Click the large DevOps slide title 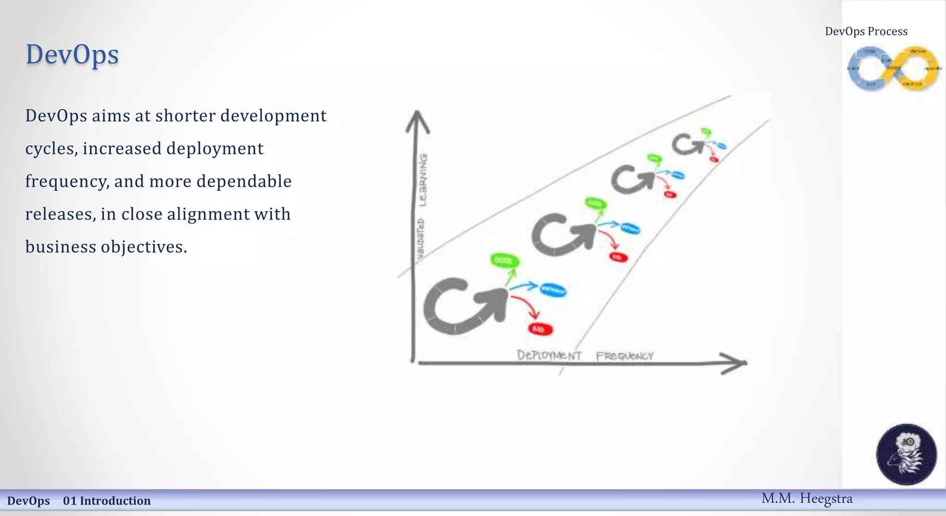tap(72, 55)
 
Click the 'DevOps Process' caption tap(866, 31)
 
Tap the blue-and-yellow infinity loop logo tap(893, 68)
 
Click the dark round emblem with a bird tap(906, 454)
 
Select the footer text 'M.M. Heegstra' tap(807, 498)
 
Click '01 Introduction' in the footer tap(107, 501)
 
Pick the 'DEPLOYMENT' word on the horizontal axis tap(549, 355)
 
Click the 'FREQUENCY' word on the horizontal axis tap(625, 356)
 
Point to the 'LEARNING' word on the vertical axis tap(423, 179)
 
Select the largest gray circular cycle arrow tap(462, 306)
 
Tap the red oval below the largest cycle tap(540, 329)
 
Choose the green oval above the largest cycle tap(504, 261)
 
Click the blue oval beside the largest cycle tap(552, 290)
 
